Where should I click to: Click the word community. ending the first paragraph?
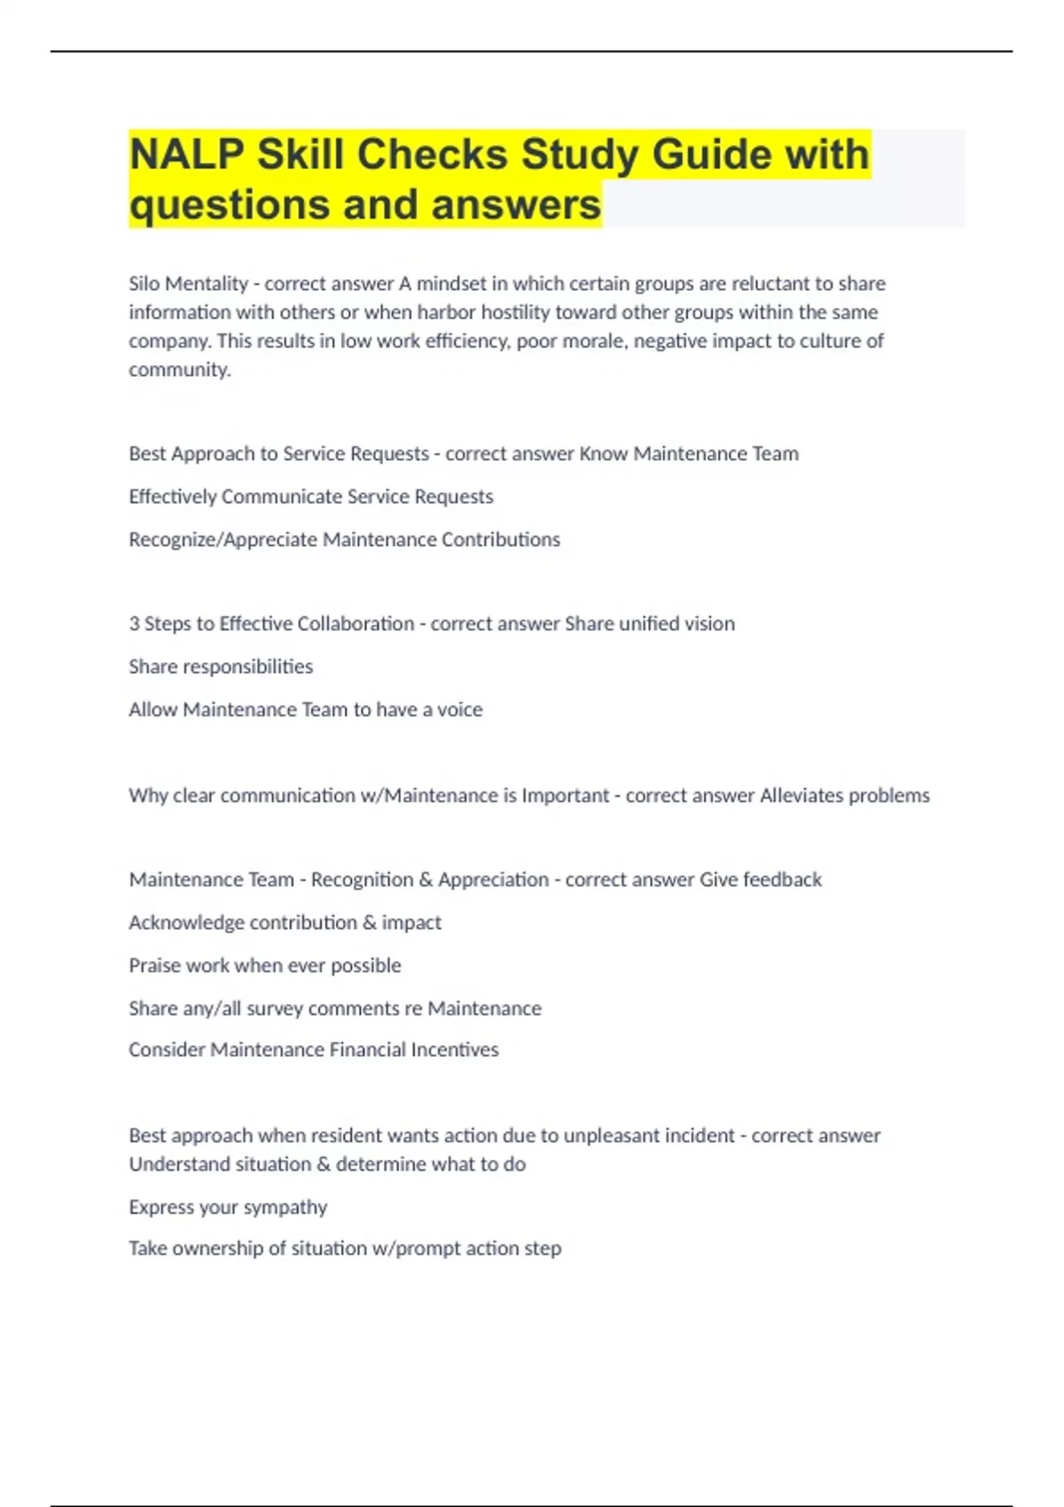click(x=179, y=370)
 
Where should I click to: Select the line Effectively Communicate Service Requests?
click(x=310, y=496)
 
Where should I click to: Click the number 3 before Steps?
click(x=134, y=624)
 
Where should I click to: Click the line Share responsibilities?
click(x=221, y=667)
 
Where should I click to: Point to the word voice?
click(x=459, y=710)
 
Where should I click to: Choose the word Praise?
click(x=154, y=965)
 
